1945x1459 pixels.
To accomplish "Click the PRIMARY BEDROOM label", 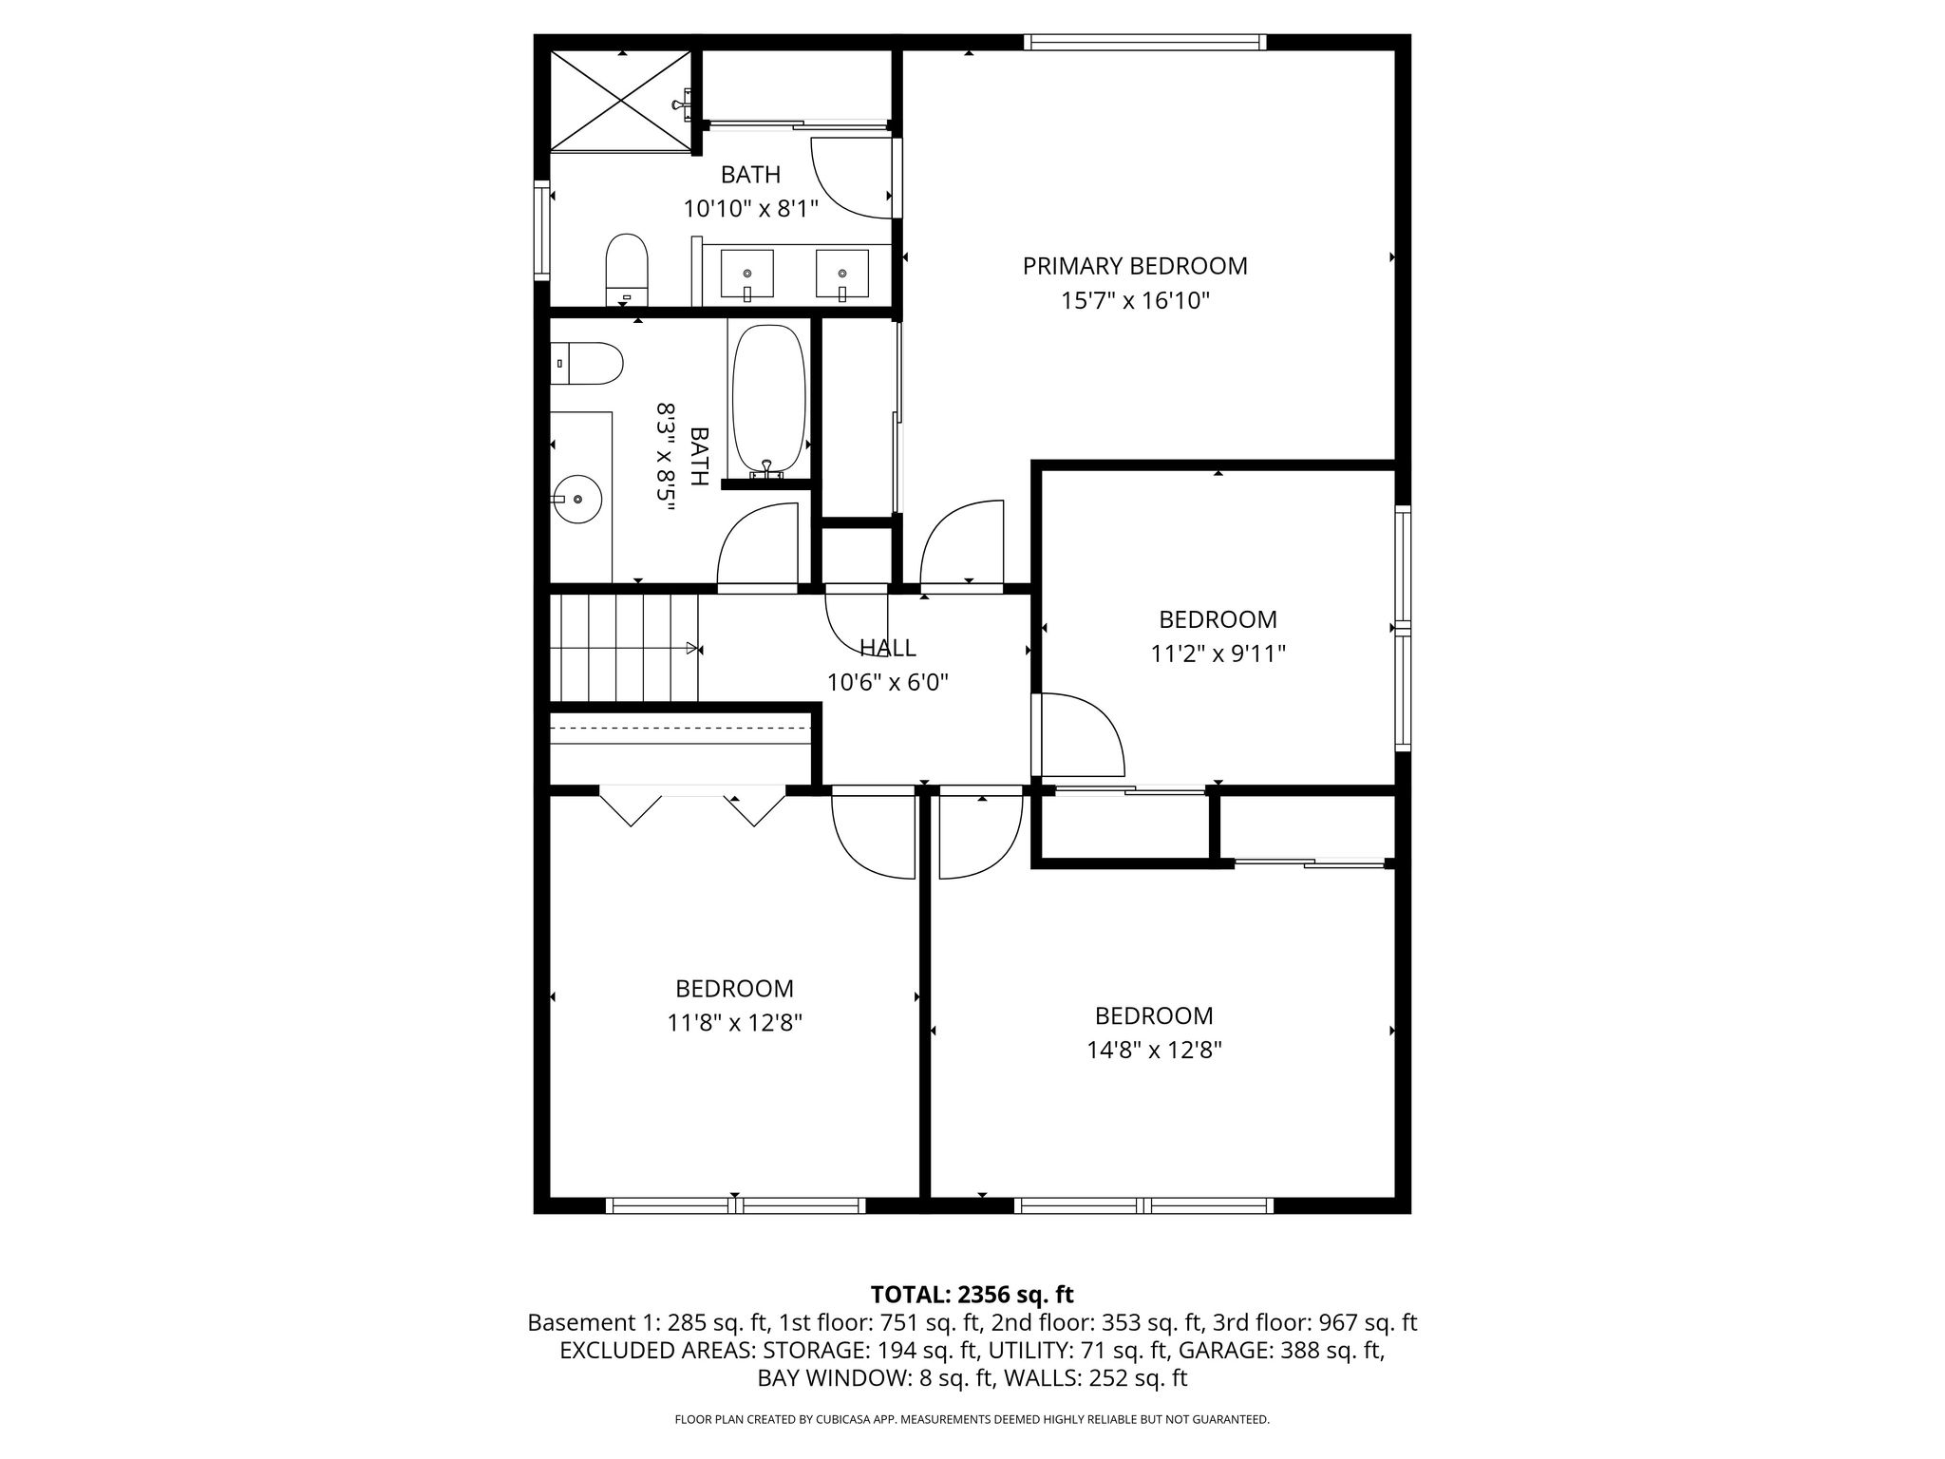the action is (1135, 266).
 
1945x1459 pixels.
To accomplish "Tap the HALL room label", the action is (888, 648).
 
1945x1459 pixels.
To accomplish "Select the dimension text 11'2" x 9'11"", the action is (1218, 654).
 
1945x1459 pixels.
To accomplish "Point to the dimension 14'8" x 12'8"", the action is (1154, 1051).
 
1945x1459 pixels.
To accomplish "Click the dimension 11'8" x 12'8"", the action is (735, 1023).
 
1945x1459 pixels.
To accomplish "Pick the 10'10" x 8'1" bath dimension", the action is (751, 209).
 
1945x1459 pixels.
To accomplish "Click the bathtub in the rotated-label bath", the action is (768, 399).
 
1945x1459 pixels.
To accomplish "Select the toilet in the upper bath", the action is (626, 270).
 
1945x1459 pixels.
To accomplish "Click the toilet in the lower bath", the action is (586, 364).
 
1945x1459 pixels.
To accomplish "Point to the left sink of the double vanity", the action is (746, 275).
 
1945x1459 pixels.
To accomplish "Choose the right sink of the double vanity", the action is (842, 275).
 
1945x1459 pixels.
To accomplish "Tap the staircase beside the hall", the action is (626, 648).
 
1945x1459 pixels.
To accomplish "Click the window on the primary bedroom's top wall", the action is (1145, 42).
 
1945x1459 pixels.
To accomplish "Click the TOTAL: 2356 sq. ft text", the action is (972, 1295).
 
